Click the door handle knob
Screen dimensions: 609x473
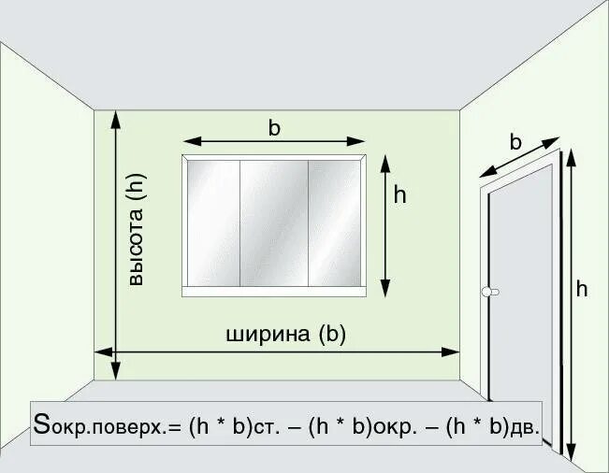pyautogui.click(x=486, y=293)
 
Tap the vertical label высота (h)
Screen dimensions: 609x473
pyautogui.click(x=137, y=233)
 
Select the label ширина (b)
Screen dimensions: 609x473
pyautogui.click(x=285, y=334)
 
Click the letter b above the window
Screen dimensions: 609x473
pyautogui.click(x=274, y=128)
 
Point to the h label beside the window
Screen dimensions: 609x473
pyautogui.click(x=399, y=194)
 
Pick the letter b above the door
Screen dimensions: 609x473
pyautogui.click(x=515, y=142)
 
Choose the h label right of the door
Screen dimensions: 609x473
pyautogui.click(x=582, y=289)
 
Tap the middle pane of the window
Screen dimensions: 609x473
pyautogui.click(x=274, y=222)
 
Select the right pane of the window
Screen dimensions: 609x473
pyautogui.click(x=335, y=222)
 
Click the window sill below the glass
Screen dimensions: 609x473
pyautogui.click(x=273, y=292)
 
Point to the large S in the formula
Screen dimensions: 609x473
pyautogui.click(x=41, y=423)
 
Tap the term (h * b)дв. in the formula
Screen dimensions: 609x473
pyautogui.click(x=492, y=426)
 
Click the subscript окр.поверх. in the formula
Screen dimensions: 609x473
pyautogui.click(x=109, y=429)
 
